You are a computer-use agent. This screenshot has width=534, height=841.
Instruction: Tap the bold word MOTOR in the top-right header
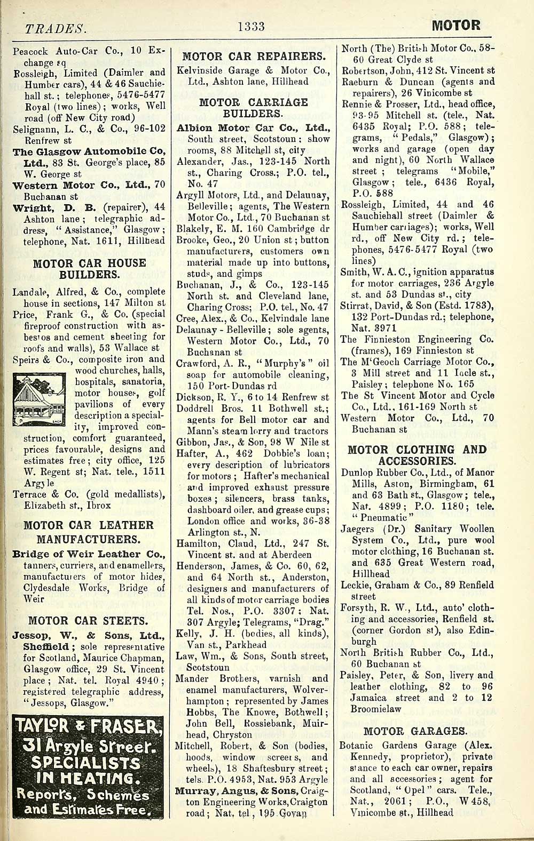tap(456, 25)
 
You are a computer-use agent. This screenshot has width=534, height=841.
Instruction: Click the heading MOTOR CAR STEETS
tap(88, 621)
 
